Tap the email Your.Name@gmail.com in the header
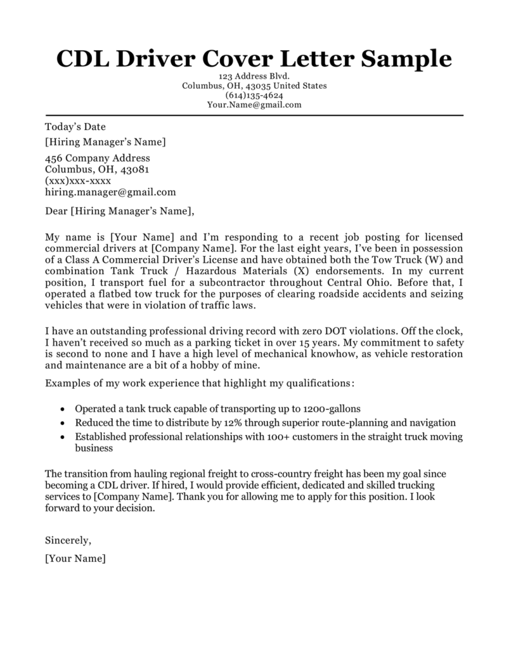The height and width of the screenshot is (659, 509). (254, 104)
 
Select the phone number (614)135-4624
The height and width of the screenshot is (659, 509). (254, 95)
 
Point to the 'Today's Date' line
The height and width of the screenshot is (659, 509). (75, 127)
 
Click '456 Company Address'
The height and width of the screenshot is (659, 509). (97, 158)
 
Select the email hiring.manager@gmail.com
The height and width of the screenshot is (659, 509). (110, 192)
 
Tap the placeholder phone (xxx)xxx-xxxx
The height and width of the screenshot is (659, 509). (78, 181)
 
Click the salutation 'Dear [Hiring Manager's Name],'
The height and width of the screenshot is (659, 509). (119, 210)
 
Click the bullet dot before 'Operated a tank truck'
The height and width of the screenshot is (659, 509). (61, 409)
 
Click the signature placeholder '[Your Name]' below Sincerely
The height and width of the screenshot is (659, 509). (75, 559)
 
